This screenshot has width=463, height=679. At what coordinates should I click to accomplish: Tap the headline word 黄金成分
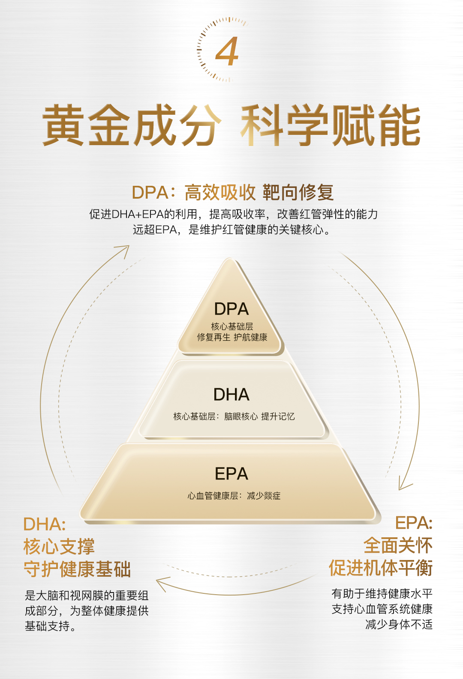click(131, 125)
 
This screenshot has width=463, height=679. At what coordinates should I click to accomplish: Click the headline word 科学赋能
click(331, 125)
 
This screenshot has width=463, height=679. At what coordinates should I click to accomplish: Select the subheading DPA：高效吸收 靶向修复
click(233, 193)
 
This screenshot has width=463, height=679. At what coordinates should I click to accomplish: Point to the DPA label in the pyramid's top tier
click(231, 309)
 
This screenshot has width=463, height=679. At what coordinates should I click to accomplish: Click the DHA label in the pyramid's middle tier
click(231, 395)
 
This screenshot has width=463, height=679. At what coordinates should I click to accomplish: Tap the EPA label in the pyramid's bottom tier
click(231, 474)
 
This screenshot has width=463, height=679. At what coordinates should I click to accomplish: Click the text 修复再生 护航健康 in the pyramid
click(232, 337)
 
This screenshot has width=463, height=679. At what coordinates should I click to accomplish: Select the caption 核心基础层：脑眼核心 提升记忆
click(234, 417)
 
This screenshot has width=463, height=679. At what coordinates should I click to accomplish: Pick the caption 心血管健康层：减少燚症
click(234, 496)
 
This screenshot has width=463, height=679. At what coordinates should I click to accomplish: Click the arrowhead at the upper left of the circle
click(123, 250)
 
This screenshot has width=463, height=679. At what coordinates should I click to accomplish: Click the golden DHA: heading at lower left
click(45, 524)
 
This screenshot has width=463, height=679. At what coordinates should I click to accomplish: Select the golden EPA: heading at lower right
click(413, 523)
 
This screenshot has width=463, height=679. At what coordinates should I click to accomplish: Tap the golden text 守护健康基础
click(77, 569)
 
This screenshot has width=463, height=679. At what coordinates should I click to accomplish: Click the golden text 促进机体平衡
click(380, 568)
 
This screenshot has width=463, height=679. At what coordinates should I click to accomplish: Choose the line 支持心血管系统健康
click(382, 609)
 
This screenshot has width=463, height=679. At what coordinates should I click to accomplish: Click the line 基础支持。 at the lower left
click(51, 626)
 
